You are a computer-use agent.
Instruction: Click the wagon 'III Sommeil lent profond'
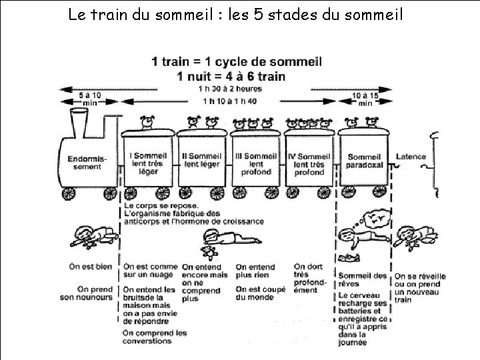pyautogui.click(x=256, y=163)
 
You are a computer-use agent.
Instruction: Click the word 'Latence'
pyautogui.click(x=411, y=157)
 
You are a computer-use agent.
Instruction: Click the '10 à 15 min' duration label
pyautogui.click(x=365, y=99)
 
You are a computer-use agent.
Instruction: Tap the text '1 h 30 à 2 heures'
pyautogui.click(x=230, y=88)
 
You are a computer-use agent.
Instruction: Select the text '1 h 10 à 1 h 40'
pyautogui.click(x=230, y=101)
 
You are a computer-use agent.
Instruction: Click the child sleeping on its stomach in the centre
pyautogui.click(x=225, y=237)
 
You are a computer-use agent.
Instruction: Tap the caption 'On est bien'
pyautogui.click(x=91, y=267)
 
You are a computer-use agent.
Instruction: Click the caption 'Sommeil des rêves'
pyautogui.click(x=362, y=276)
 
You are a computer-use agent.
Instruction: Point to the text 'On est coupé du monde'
pyautogui.click(x=260, y=293)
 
